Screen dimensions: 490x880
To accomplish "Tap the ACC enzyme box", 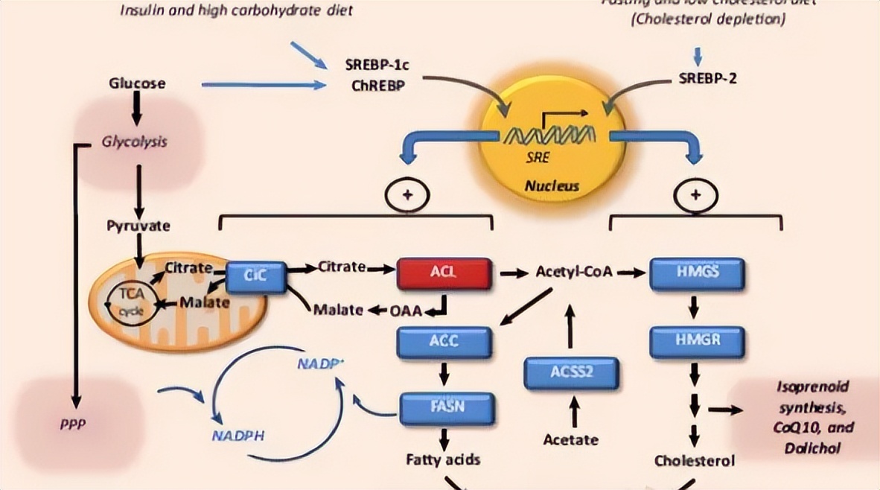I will pyautogui.click(x=444, y=342).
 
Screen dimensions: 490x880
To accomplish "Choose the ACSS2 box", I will pyautogui.click(x=571, y=373).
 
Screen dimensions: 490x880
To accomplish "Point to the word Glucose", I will pyautogui.click(x=137, y=83).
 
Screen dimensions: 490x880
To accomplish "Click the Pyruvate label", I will pyautogui.click(x=138, y=225).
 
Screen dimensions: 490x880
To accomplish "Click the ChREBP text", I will pyautogui.click(x=377, y=84).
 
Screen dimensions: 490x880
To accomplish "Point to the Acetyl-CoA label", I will pyautogui.click(x=573, y=273).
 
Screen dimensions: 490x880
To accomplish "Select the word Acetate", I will pyautogui.click(x=571, y=439).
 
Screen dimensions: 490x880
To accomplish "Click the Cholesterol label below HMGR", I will pyautogui.click(x=695, y=461).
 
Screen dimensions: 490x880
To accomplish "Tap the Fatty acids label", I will pyautogui.click(x=443, y=459).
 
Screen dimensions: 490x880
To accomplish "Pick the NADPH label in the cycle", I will pyautogui.click(x=239, y=433).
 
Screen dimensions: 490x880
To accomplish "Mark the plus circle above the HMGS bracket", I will pyautogui.click(x=695, y=195).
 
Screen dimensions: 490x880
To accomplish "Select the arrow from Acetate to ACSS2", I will pyautogui.click(x=572, y=410).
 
